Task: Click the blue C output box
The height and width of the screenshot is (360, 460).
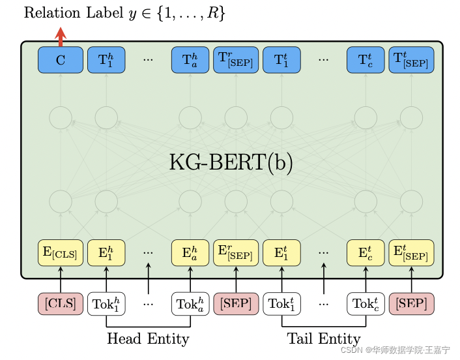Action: click(60, 60)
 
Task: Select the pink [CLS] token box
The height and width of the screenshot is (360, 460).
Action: click(60, 304)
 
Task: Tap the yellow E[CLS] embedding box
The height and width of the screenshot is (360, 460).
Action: click(60, 253)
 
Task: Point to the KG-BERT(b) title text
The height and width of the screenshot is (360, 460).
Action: click(231, 162)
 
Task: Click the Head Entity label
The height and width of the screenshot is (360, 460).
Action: click(148, 339)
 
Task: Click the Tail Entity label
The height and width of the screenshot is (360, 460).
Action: click(324, 339)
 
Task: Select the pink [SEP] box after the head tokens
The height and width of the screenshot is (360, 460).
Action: click(236, 304)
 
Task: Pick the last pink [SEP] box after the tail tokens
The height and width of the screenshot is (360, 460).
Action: click(411, 304)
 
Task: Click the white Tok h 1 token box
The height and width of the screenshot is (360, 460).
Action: click(106, 304)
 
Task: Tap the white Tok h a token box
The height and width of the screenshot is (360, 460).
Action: click(190, 304)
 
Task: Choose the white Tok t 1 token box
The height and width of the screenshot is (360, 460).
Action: click(281, 304)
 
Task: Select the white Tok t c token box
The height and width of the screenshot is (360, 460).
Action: click(366, 304)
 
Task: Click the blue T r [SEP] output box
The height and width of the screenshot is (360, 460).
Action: click(236, 60)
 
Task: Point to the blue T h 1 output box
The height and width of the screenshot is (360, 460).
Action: click(106, 60)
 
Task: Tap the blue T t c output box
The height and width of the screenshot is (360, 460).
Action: click(366, 60)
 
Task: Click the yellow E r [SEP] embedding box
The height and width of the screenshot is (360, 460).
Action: click(236, 253)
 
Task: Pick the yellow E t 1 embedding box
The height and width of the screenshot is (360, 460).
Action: click(281, 253)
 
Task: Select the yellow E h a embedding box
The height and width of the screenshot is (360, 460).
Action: click(190, 253)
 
